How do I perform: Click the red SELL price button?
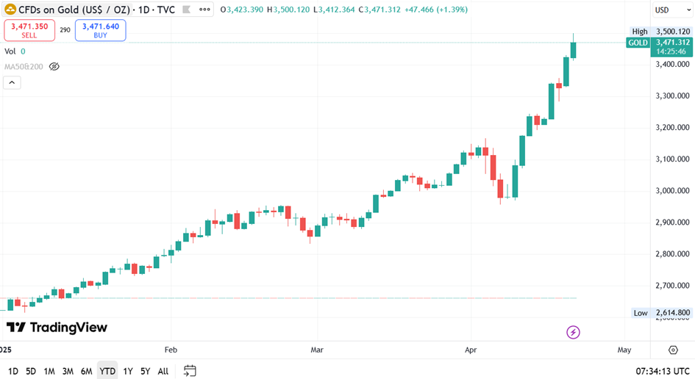click(x=29, y=30)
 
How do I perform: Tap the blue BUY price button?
click(x=100, y=30)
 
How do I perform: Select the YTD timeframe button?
click(x=107, y=371)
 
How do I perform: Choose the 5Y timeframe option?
click(x=145, y=371)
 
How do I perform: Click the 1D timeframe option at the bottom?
click(x=13, y=371)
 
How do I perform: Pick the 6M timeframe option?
click(x=86, y=371)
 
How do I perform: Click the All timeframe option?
click(x=163, y=371)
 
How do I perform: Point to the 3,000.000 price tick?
click(x=673, y=191)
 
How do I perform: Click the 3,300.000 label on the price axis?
click(x=673, y=96)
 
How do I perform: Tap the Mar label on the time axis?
click(x=317, y=350)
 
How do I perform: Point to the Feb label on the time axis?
click(x=171, y=350)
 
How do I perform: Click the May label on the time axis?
click(x=624, y=350)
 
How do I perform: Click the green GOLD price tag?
click(x=638, y=43)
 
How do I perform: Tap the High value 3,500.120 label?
click(x=672, y=32)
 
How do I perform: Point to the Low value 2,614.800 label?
click(x=672, y=313)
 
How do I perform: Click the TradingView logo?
click(x=57, y=328)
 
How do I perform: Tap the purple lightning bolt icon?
click(x=574, y=333)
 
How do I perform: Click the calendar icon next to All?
click(x=190, y=371)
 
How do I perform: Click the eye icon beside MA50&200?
click(x=54, y=66)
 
